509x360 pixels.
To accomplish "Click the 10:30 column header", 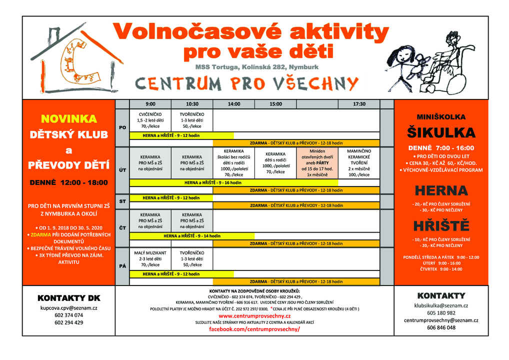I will (x=192, y=104).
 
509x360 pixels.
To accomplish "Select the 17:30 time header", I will (x=358, y=104).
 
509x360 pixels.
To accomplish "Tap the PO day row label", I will (x=122, y=127).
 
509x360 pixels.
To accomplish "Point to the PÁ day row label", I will (x=122, y=266).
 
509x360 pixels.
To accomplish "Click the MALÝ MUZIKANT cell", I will (x=150, y=258).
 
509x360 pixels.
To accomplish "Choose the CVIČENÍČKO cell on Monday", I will (x=150, y=120).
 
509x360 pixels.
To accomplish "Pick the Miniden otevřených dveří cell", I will (x=317, y=162).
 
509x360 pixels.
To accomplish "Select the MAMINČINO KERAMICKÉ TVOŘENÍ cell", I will (x=358, y=162).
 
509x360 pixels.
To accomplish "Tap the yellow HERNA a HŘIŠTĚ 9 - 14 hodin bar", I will (x=192, y=235).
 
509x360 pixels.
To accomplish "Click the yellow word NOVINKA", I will (x=68, y=119).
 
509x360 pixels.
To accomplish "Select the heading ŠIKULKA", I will (x=441, y=132).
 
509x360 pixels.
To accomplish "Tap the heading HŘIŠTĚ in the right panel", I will (x=441, y=225).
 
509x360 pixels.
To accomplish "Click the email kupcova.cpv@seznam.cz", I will (x=68, y=308).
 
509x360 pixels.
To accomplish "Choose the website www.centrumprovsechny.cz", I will (x=254, y=316).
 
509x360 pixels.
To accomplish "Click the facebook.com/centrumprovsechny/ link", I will (x=254, y=329).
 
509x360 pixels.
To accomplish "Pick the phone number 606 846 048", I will (x=441, y=327).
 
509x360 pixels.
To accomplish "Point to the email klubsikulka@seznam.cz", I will (x=441, y=305).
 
